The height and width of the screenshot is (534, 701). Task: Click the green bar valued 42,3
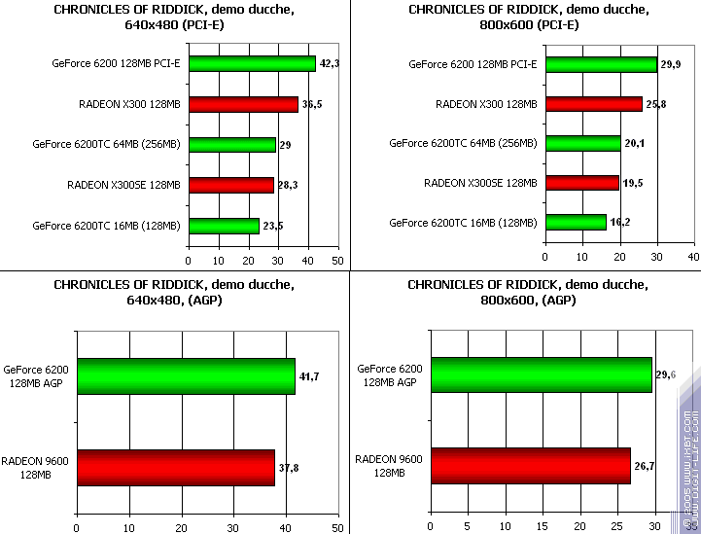click(x=252, y=64)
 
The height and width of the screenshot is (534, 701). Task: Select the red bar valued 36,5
click(x=243, y=104)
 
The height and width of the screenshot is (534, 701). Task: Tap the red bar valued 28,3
click(x=231, y=185)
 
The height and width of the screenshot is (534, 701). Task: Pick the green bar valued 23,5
click(x=224, y=226)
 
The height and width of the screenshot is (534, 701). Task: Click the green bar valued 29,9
click(x=601, y=64)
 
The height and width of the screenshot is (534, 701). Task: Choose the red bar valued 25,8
click(x=593, y=103)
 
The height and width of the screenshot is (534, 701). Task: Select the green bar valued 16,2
click(x=576, y=222)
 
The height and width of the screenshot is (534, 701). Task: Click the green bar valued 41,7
click(x=185, y=376)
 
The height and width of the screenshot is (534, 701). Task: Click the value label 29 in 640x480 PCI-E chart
click(x=286, y=145)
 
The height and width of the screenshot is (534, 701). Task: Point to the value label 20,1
click(x=634, y=143)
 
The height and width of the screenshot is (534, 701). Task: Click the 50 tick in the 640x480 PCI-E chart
click(x=337, y=261)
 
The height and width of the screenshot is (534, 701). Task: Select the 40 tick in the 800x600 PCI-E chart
click(x=693, y=257)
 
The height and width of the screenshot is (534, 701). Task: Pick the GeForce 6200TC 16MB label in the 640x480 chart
click(x=106, y=226)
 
